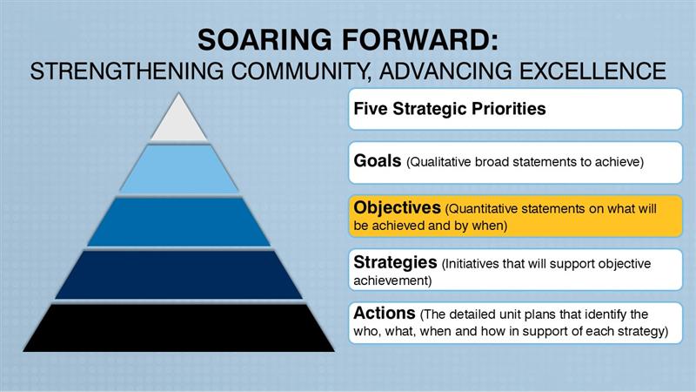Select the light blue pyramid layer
tap(178, 169)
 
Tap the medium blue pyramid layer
tap(178, 222)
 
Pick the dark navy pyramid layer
tap(178, 274)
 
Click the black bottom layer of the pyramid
tap(178, 328)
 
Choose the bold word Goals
tap(377, 160)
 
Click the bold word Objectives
tap(397, 209)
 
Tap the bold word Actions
tap(385, 313)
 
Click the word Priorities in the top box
tap(512, 110)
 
